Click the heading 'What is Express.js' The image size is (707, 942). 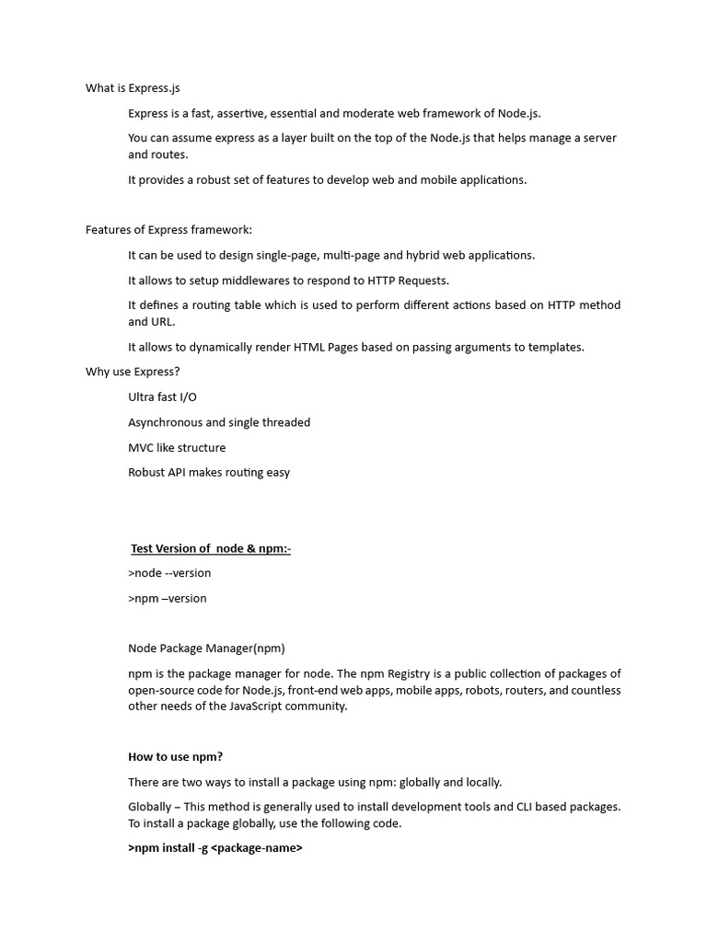coord(133,88)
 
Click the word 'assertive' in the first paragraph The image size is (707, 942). coord(241,113)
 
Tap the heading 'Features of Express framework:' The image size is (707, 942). coord(168,230)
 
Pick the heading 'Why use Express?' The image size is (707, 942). coord(133,372)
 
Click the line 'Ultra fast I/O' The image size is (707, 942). coord(162,396)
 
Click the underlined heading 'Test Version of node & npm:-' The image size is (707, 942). coord(211,548)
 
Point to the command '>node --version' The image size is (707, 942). coord(169,573)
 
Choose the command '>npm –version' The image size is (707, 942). coord(168,598)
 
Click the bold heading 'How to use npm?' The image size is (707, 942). coord(175,757)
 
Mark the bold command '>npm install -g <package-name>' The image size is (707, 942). coord(215,848)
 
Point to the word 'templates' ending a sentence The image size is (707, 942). coord(554,347)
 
